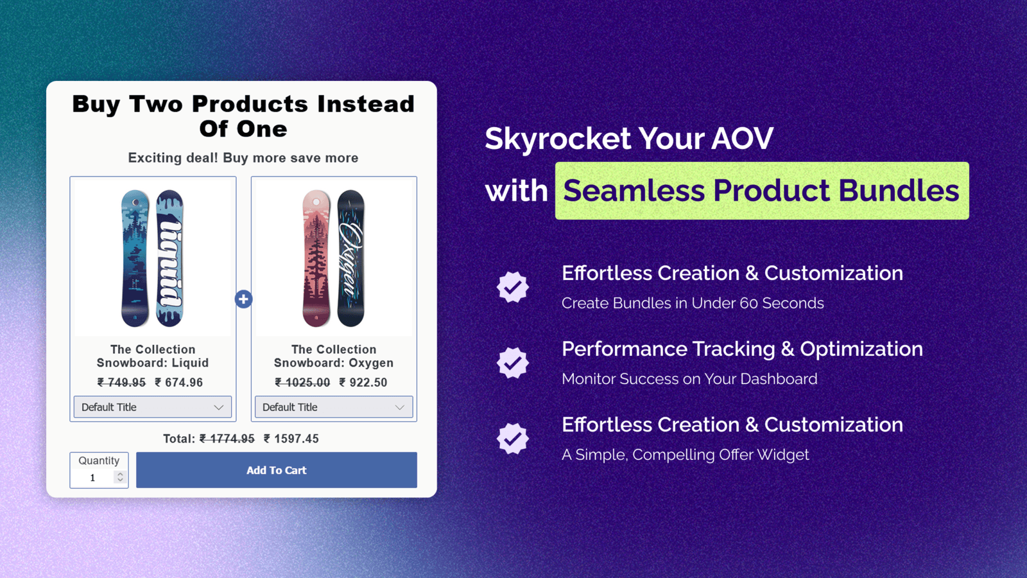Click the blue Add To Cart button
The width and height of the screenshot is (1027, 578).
pos(277,469)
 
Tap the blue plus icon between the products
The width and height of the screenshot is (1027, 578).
pos(243,299)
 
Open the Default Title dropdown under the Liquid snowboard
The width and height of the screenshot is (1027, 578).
pos(153,407)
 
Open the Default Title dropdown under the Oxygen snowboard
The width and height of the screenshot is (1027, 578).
pos(334,407)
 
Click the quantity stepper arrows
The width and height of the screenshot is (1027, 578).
pos(120,477)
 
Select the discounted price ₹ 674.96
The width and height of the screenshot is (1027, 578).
pos(179,382)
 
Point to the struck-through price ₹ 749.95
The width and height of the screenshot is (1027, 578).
pos(121,382)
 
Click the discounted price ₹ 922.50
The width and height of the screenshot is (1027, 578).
pos(363,382)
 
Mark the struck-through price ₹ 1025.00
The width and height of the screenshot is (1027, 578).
pos(302,382)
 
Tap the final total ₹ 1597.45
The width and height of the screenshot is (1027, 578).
pos(291,439)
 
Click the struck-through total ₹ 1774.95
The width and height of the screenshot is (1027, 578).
pos(227,439)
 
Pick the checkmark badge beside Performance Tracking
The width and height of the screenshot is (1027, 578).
pos(513,363)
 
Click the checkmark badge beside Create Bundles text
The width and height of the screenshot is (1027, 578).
pos(513,287)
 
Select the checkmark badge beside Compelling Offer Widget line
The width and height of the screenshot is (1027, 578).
pos(513,439)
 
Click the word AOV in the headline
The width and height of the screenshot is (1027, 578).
pos(742,138)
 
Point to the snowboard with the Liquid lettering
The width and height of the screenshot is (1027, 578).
pos(169,258)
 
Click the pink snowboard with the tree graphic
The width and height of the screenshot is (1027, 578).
pos(316,258)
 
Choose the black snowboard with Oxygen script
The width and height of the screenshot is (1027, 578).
pos(350,258)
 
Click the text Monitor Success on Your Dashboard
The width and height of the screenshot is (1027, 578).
pos(689,379)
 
